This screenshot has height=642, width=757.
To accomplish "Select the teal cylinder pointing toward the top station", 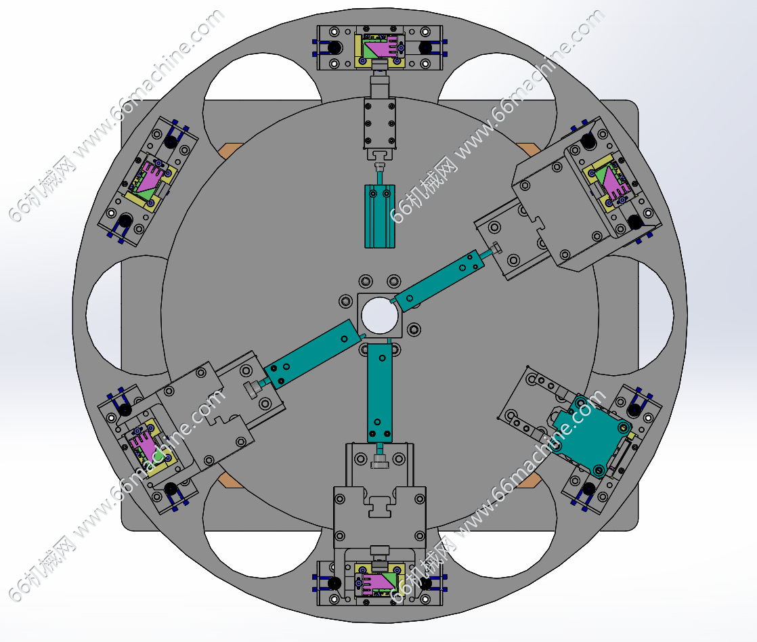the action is (x=380, y=216).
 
